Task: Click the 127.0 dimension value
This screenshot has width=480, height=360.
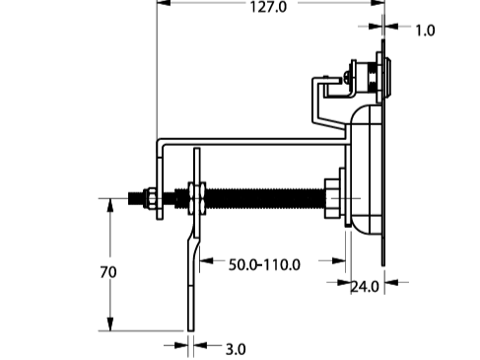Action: click(268, 7)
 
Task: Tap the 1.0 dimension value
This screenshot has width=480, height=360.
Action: click(425, 31)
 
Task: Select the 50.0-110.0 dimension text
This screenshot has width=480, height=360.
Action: click(264, 264)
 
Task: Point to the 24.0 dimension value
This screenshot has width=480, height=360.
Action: click(365, 287)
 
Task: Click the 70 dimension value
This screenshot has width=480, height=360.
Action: click(108, 272)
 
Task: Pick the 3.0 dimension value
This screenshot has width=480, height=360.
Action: click(236, 349)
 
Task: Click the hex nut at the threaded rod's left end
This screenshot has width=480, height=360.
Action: click(150, 198)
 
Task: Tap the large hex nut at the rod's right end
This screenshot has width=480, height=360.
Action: click(332, 198)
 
